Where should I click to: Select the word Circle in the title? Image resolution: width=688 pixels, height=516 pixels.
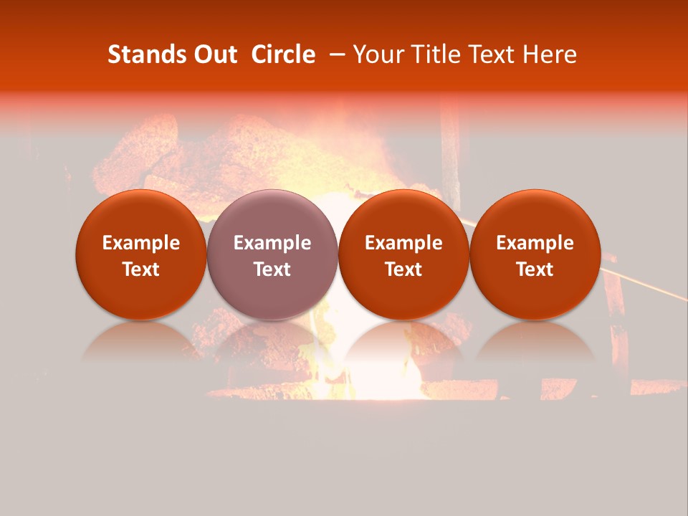tap(283, 54)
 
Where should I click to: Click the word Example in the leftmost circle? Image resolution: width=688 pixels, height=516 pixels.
tap(141, 243)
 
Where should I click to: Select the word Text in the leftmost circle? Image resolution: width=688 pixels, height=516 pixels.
tap(141, 269)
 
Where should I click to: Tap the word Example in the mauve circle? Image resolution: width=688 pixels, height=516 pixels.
tap(272, 243)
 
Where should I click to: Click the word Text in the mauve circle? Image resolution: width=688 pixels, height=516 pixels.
tap(272, 269)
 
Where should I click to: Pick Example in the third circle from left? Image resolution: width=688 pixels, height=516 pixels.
tap(403, 243)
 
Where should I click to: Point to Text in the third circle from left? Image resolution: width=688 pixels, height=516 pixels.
tap(403, 269)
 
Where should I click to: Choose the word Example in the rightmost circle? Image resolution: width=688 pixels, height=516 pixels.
tap(535, 243)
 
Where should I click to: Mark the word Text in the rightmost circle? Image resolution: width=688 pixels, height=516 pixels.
tap(535, 269)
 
